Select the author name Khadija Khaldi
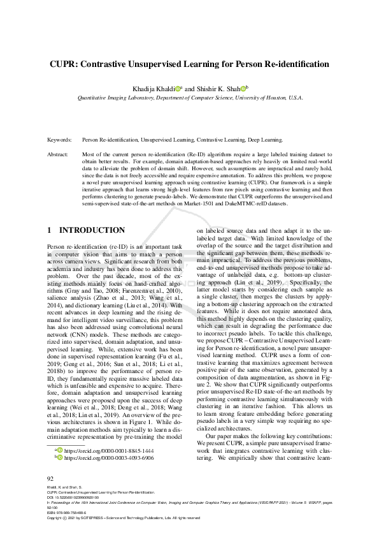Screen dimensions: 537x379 click(151, 89)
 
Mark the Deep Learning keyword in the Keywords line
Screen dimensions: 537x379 click(266, 138)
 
